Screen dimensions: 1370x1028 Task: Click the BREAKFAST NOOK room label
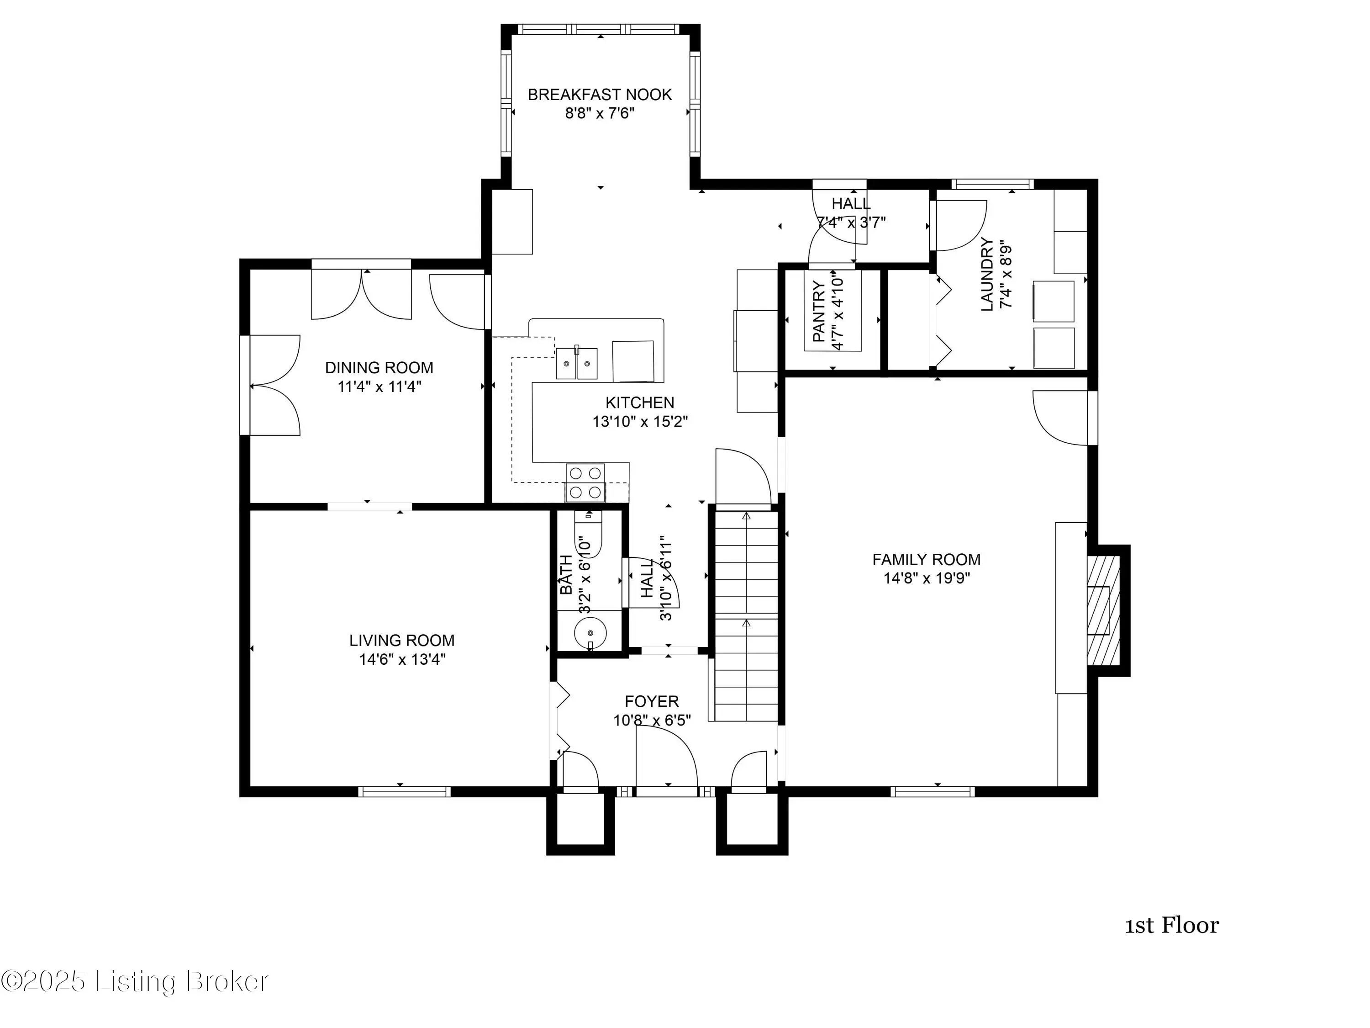coord(600,95)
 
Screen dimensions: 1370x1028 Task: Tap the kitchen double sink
coord(577,363)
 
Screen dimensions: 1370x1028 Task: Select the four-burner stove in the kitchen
coord(586,483)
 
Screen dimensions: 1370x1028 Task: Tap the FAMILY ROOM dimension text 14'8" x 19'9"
coord(927,579)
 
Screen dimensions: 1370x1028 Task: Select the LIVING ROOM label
coord(402,640)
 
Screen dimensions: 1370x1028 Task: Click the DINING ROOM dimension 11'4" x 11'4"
coord(379,387)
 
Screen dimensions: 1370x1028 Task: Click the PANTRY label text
coord(819,311)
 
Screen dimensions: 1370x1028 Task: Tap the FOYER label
coord(652,701)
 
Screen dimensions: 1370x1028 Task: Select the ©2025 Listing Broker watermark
coord(135,981)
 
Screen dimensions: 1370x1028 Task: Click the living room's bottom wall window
coord(404,791)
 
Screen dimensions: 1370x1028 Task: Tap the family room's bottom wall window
coord(933,791)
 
